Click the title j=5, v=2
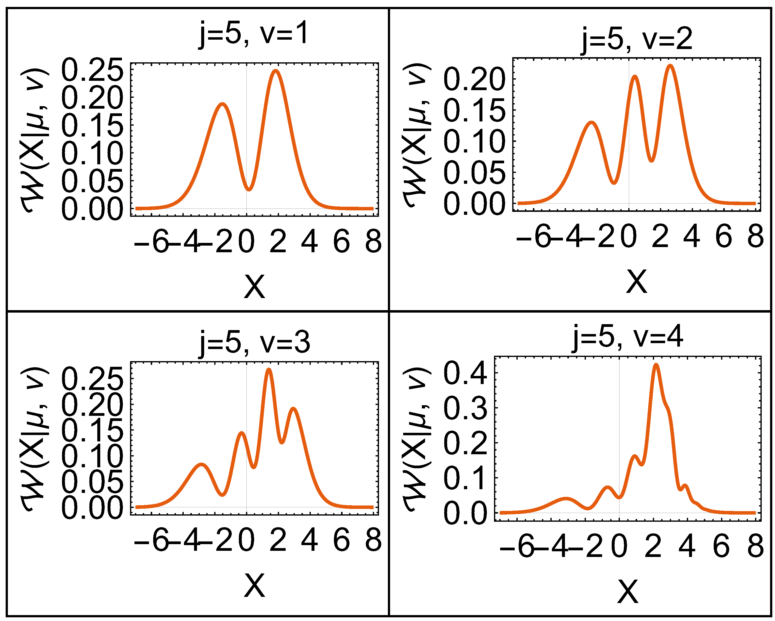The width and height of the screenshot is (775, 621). tap(636, 40)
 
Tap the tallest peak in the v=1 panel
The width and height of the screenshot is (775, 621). tap(276, 71)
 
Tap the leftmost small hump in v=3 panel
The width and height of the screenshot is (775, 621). tap(201, 465)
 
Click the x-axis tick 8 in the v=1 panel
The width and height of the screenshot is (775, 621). tap(373, 242)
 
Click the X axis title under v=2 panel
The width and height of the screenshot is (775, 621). tap(636, 282)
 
